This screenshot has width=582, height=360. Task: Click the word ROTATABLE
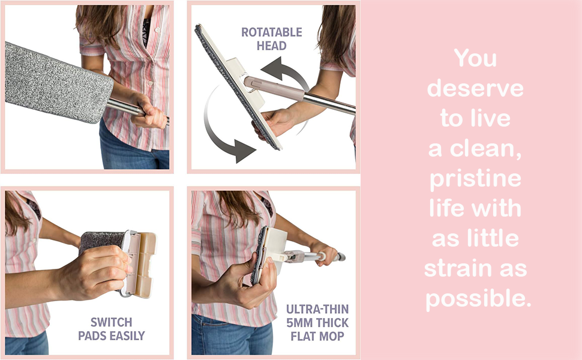point(272,32)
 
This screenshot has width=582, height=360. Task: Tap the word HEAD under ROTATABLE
point(272,46)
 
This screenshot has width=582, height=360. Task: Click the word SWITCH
point(112,322)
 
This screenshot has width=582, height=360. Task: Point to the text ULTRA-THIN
point(317,309)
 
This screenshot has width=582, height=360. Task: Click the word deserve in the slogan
point(475,88)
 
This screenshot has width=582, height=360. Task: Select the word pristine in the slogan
point(475,179)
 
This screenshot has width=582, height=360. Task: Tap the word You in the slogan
point(475,58)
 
